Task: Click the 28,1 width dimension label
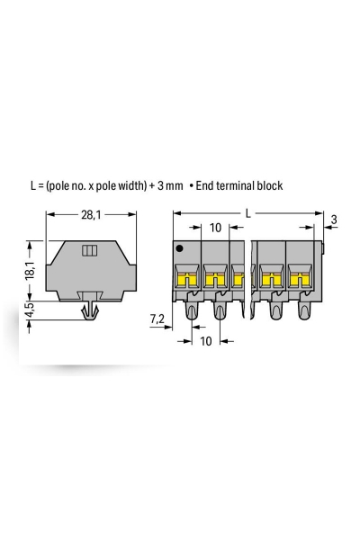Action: (90, 215)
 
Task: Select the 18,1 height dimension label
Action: (29, 268)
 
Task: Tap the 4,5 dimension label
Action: (29, 312)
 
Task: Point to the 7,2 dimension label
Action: (157, 319)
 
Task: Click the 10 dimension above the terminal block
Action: (215, 228)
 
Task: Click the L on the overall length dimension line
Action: (247, 213)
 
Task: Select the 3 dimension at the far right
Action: (334, 220)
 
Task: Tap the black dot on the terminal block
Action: (181, 248)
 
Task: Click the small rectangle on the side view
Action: (89, 249)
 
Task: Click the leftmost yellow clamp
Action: (186, 282)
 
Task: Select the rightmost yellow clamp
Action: (299, 282)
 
